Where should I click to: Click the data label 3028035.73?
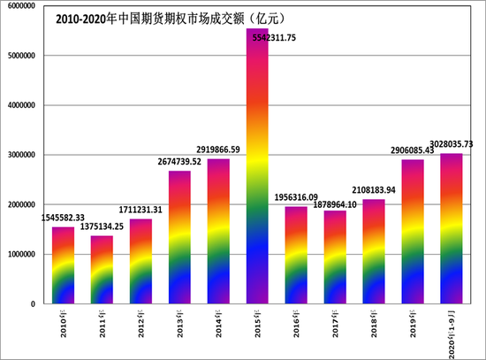coord(451,144)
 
